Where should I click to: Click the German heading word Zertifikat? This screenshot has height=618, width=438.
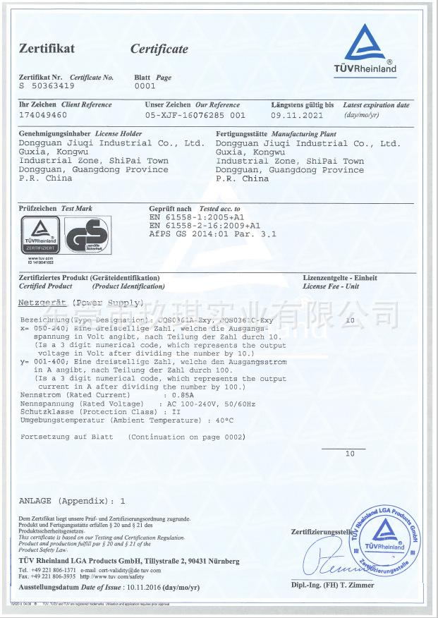tap(47, 49)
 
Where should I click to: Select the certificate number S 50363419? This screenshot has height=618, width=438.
tap(47, 86)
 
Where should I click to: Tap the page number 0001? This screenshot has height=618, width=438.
tap(144, 86)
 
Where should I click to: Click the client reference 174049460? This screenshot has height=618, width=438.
tap(43, 114)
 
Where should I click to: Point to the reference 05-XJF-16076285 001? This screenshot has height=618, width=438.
tap(195, 114)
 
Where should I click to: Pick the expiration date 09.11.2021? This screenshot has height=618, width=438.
tap(297, 114)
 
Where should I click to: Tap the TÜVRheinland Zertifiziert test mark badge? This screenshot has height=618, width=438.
tap(39, 236)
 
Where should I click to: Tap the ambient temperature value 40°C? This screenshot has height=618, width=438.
tap(223, 420)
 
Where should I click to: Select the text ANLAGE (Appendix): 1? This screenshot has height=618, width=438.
tap(72, 500)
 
